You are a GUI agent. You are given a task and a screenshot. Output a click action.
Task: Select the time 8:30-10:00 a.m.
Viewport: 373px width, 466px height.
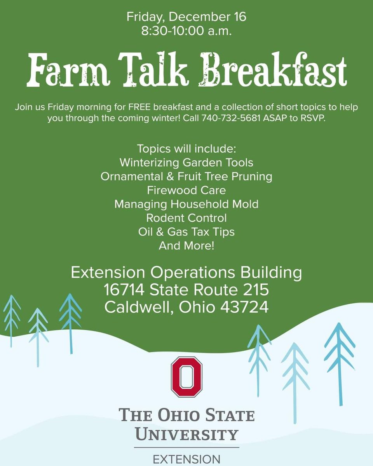(x=186, y=31)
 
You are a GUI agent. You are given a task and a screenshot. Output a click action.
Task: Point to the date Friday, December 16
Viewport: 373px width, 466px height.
(x=186, y=17)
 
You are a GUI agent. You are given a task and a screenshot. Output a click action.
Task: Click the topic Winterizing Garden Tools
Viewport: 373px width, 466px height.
(x=186, y=162)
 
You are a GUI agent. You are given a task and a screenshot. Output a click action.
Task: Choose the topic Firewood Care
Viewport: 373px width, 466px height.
(x=186, y=190)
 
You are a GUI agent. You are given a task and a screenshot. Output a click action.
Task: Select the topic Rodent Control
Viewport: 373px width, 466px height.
(x=186, y=218)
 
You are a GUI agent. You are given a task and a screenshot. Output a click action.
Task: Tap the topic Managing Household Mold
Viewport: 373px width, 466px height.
(x=186, y=204)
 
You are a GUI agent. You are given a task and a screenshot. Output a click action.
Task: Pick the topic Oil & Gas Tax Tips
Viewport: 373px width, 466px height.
(x=186, y=232)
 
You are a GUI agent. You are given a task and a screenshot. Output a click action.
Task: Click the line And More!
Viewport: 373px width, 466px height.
(x=186, y=245)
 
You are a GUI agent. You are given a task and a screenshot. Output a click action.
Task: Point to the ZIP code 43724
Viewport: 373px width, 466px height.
(x=244, y=307)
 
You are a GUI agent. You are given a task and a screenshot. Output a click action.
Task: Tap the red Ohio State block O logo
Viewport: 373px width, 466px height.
(x=186, y=377)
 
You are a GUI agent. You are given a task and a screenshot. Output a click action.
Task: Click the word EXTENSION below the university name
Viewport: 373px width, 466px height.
(x=186, y=460)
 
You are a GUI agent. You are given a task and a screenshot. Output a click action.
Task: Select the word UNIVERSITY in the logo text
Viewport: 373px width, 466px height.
(x=186, y=433)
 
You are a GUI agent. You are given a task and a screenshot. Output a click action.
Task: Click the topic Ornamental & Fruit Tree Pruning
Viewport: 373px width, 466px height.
(x=186, y=176)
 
